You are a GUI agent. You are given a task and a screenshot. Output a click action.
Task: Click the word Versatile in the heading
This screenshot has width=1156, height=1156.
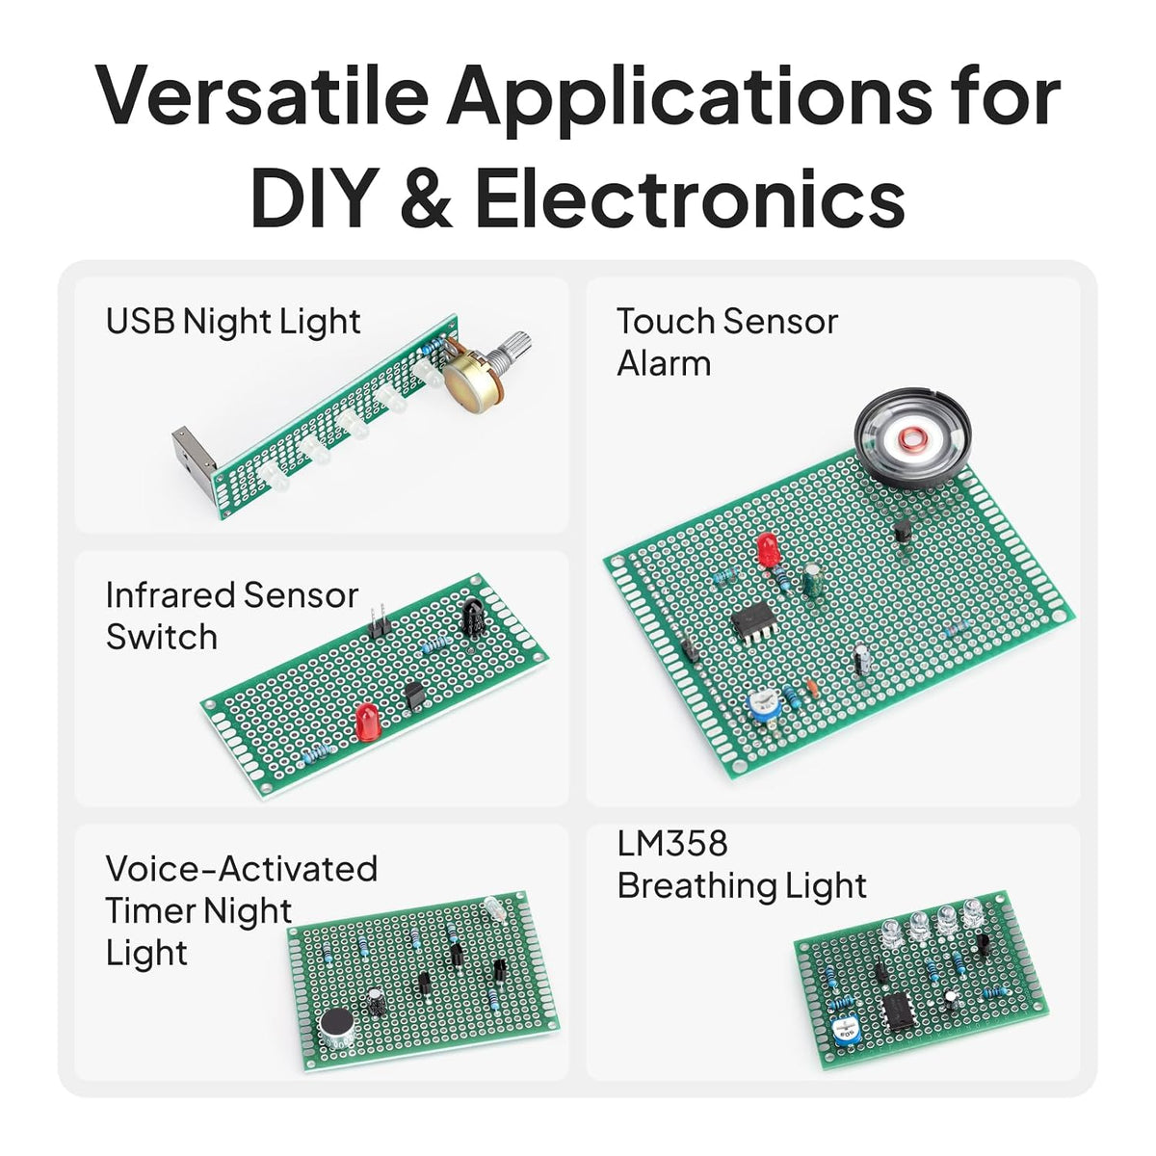(262, 95)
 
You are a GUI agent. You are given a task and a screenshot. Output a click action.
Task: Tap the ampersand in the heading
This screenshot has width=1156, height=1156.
(426, 197)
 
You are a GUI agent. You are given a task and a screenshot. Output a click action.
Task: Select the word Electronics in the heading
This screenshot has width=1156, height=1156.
(690, 197)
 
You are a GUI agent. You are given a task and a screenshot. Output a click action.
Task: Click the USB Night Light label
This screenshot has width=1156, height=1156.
(233, 322)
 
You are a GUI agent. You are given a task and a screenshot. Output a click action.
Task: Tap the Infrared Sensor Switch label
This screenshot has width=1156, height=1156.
(232, 616)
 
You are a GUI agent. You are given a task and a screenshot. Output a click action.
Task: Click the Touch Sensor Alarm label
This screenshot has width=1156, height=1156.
(727, 342)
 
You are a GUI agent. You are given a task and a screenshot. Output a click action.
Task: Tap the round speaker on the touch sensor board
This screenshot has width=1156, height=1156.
(913, 436)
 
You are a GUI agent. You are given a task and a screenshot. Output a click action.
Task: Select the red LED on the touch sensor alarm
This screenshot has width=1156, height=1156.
(766, 549)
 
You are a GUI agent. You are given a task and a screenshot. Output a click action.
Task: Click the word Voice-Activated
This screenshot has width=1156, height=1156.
(242, 869)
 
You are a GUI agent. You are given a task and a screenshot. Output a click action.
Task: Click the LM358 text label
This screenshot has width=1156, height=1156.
(672, 843)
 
